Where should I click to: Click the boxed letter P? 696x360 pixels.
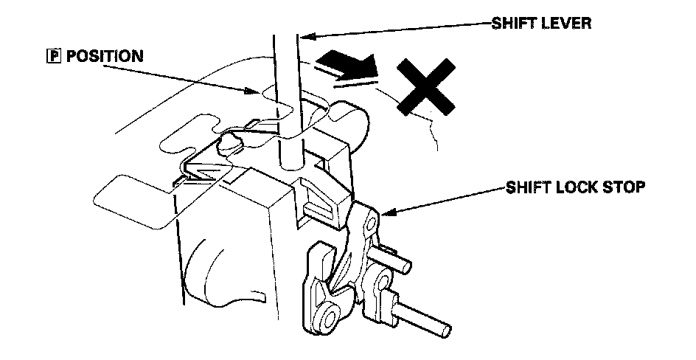(52, 56)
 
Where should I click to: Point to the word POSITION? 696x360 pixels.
(105, 56)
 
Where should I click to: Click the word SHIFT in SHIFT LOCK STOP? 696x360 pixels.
(529, 187)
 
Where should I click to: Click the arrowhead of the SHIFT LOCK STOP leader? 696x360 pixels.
(386, 214)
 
